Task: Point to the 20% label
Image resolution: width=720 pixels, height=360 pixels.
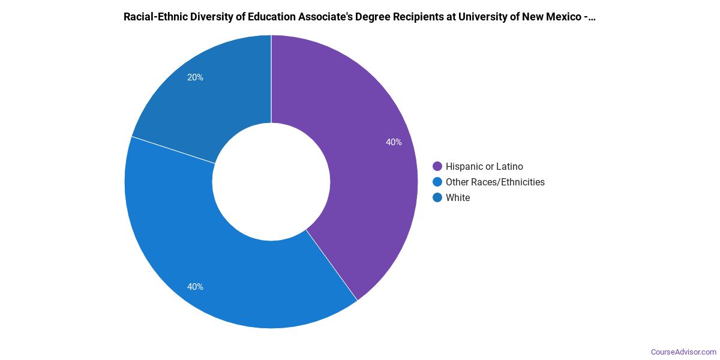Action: coord(195,77)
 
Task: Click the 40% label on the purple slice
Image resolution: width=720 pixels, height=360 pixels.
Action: coord(394,142)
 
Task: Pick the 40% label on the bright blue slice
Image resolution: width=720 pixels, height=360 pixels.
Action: coord(195,287)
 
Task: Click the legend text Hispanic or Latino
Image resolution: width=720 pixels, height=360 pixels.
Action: coord(484,166)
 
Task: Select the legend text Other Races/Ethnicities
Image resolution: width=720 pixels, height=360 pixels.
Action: coord(495,182)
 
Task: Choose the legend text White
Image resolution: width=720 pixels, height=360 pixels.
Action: coord(458,197)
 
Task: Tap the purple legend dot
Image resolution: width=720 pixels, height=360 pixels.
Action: coord(437,166)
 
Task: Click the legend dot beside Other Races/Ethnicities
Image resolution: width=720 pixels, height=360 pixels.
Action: coord(437,182)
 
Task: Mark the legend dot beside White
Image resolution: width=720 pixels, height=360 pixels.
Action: coord(437,197)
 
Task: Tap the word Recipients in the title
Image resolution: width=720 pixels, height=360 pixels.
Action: coord(412,17)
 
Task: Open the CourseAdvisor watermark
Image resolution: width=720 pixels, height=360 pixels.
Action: coord(683,352)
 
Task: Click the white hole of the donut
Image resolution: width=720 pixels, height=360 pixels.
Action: coord(271,182)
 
